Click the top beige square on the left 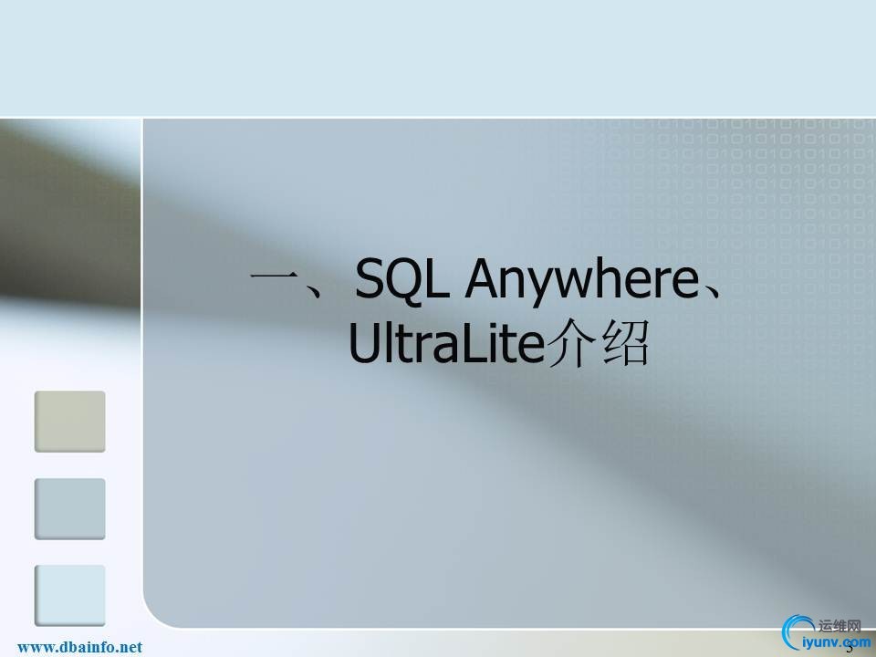70,422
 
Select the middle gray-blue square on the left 70,508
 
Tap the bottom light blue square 70,595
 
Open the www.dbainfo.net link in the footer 80,647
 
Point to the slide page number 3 850,650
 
